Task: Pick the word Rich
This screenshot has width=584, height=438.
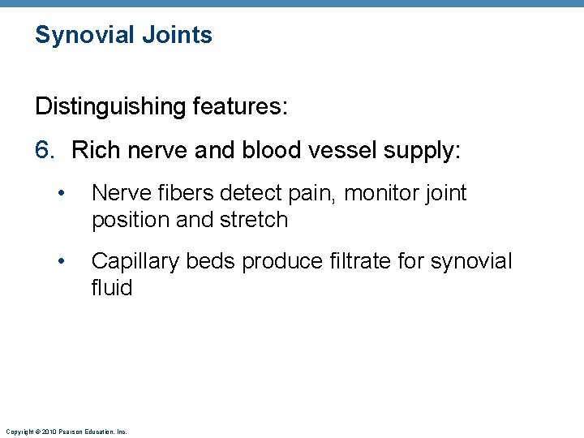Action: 96,151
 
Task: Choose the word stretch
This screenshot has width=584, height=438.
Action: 254,220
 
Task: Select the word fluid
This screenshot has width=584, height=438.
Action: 112,287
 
